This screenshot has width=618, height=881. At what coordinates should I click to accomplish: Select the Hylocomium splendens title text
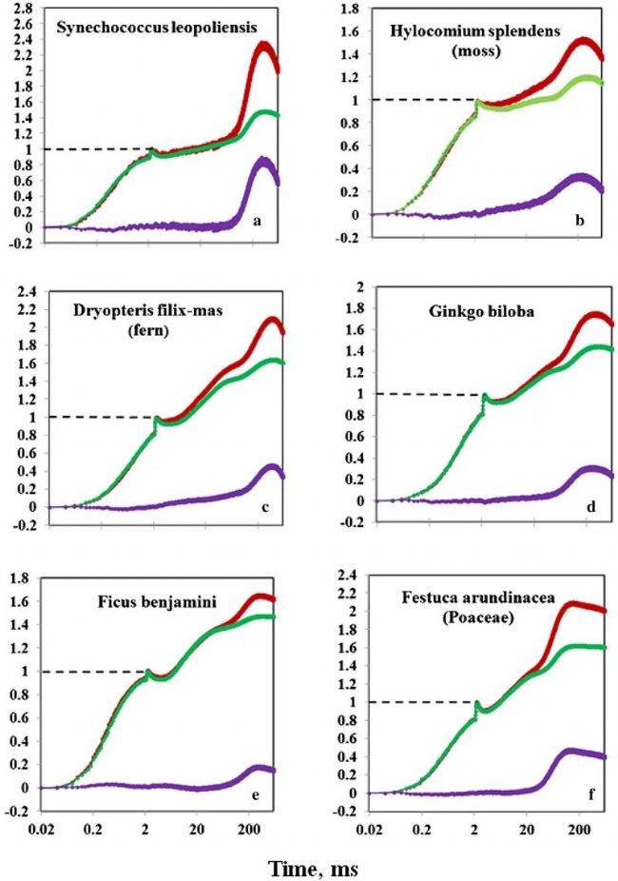click(459, 30)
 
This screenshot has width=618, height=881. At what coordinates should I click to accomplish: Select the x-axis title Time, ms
click(301, 868)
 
